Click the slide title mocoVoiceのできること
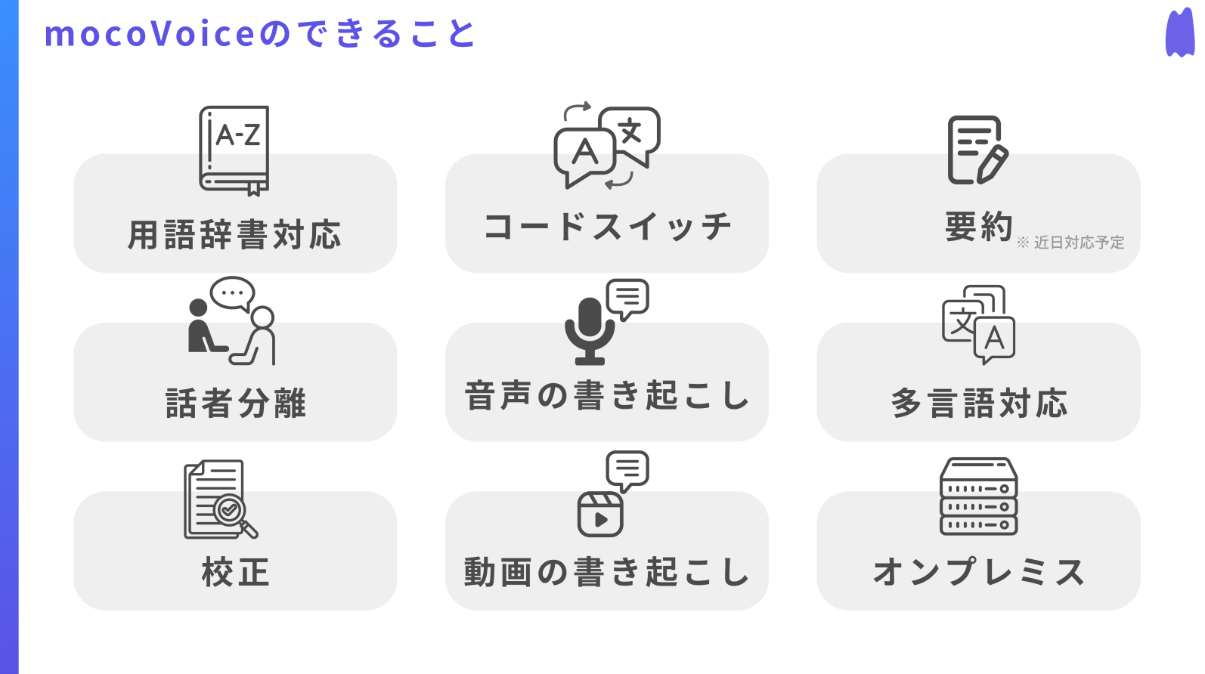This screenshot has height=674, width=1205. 259,34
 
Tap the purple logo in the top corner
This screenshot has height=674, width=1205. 1179,33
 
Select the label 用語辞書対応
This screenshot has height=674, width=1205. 234,235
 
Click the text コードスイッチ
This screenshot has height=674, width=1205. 607,227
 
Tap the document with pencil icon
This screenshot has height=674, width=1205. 977,150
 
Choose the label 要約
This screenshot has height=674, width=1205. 978,227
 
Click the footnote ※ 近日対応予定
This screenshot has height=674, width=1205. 1070,243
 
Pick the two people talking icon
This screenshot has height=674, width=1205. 232,322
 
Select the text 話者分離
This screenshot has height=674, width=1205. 235,403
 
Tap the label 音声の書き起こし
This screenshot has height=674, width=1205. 607,396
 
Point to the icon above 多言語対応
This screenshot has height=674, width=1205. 978,324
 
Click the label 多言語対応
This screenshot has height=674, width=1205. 978,403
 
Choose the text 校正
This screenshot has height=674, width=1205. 235,572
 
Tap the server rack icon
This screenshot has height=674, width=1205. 978,496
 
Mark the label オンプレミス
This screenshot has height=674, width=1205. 978,572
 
